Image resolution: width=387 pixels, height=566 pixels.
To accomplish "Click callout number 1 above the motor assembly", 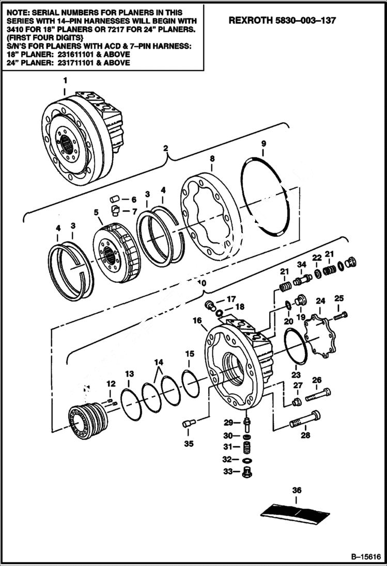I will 65,80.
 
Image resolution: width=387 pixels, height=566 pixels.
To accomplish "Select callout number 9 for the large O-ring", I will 263,143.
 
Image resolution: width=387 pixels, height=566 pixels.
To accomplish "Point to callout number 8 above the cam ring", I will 212,160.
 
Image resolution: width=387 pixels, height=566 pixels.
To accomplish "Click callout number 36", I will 296,490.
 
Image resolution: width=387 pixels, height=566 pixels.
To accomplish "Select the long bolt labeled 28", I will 305,419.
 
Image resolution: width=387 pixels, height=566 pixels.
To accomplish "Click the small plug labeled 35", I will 188,424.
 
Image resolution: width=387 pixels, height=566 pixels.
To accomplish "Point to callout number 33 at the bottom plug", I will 228,471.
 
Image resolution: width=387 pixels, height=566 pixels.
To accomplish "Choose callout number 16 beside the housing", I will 197,320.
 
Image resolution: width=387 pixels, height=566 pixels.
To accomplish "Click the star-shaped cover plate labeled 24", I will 319,335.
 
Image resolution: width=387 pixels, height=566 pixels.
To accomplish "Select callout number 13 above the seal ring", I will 129,373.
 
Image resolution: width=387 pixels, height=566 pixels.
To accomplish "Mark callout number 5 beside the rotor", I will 96,211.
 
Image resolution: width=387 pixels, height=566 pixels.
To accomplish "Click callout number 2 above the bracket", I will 166,149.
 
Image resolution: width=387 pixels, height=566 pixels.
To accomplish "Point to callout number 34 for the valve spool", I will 301,265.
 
